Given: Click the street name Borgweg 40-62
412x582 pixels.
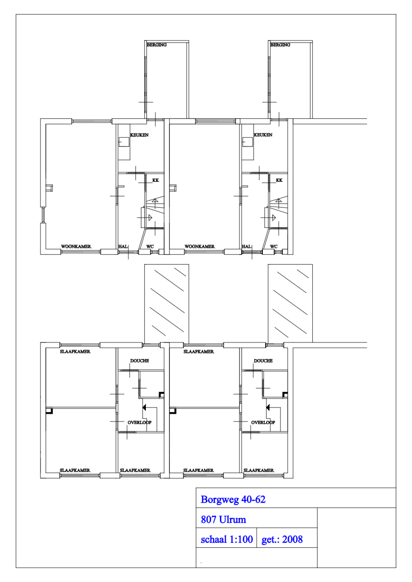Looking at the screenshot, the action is [x=233, y=500].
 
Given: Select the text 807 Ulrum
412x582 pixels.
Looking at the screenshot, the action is [x=223, y=519].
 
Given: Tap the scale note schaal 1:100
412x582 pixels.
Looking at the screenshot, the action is [x=227, y=539].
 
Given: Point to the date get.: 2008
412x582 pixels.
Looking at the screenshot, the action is [x=282, y=540].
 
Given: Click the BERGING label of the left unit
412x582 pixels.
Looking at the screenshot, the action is [x=157, y=45].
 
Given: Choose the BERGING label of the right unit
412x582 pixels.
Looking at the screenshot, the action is [x=280, y=45].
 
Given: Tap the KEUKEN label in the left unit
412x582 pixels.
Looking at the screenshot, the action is [x=139, y=135].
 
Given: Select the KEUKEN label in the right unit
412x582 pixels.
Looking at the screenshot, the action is [x=263, y=135].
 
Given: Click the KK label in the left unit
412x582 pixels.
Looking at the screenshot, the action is [x=155, y=180].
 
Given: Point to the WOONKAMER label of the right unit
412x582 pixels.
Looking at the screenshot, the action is [x=200, y=246].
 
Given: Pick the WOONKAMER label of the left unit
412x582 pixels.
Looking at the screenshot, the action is [x=76, y=246].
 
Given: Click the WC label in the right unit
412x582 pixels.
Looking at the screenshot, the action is [x=274, y=246].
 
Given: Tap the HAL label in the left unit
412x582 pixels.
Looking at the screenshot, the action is [x=123, y=246].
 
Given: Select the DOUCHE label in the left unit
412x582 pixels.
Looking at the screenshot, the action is [x=140, y=361].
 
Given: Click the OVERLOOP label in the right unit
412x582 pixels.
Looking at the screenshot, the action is [x=263, y=422].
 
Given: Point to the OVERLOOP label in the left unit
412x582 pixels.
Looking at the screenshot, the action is [x=139, y=422].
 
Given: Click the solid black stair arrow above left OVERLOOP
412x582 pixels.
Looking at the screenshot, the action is [x=144, y=407].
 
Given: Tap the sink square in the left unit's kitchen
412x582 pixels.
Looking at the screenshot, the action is [x=124, y=142].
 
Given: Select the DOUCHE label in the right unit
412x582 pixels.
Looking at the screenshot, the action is [x=263, y=361].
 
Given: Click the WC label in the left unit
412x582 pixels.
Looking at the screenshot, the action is [x=150, y=246].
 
